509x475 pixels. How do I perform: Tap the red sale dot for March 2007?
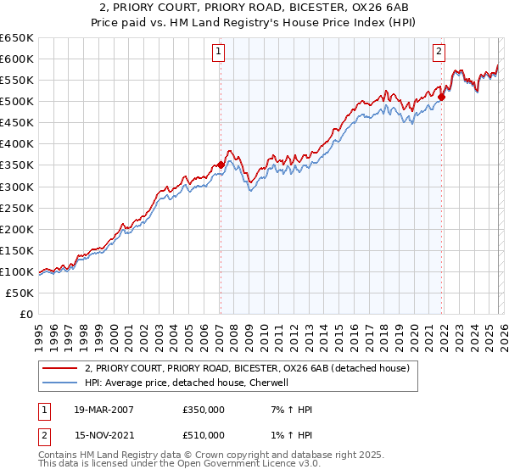[221, 165]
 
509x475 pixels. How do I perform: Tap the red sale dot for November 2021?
[442, 97]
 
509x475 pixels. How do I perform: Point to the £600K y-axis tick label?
[17, 59]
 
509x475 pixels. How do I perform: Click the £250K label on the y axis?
[17, 208]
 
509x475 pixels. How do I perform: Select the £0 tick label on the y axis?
[25, 314]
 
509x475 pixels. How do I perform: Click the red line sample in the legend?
[60, 368]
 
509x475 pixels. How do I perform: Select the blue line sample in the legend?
[60, 383]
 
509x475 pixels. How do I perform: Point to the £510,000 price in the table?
[203, 435]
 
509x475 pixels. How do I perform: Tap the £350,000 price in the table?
[203, 410]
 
